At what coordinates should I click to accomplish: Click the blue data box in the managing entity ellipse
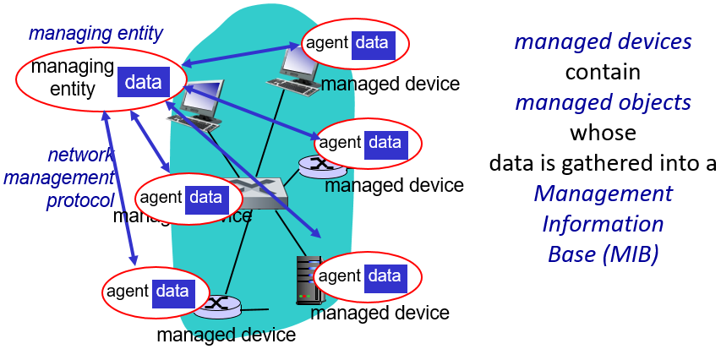point(143,81)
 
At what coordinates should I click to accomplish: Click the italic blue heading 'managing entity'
point(96,34)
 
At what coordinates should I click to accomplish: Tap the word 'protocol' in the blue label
point(80,200)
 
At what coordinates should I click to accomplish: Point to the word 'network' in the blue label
point(81,155)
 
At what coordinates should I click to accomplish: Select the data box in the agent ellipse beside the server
point(383,275)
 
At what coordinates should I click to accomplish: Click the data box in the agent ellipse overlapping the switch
point(205,197)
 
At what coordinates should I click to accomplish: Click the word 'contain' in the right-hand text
point(603,72)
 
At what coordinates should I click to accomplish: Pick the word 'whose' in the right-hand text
point(603,133)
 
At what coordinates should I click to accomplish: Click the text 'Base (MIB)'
point(603,254)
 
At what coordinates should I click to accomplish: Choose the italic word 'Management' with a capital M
point(603,194)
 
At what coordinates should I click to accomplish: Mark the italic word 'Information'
point(603,224)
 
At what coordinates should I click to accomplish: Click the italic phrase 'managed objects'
point(603,102)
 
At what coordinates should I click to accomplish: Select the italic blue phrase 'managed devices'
point(603,41)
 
